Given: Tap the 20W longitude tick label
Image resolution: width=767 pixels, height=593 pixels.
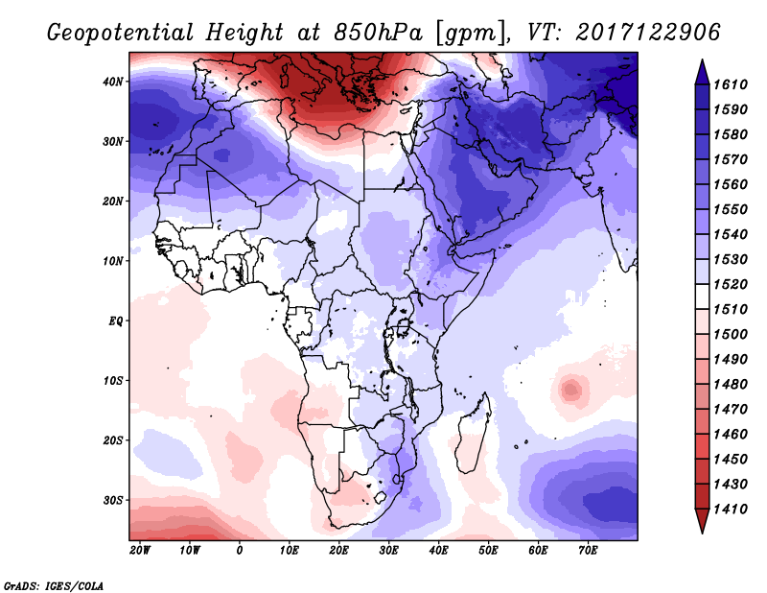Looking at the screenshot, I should pos(140,551).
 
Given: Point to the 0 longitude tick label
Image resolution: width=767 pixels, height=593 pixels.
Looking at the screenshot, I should pos(240,551).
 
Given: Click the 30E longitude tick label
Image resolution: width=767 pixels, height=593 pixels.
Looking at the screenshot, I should pos(388,551).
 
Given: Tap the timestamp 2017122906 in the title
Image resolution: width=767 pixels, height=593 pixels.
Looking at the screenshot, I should pos(649,33).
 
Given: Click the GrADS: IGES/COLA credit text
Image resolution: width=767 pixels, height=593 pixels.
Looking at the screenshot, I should pos(53,584).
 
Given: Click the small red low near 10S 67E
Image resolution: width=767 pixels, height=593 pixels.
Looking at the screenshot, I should pos(571,390).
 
